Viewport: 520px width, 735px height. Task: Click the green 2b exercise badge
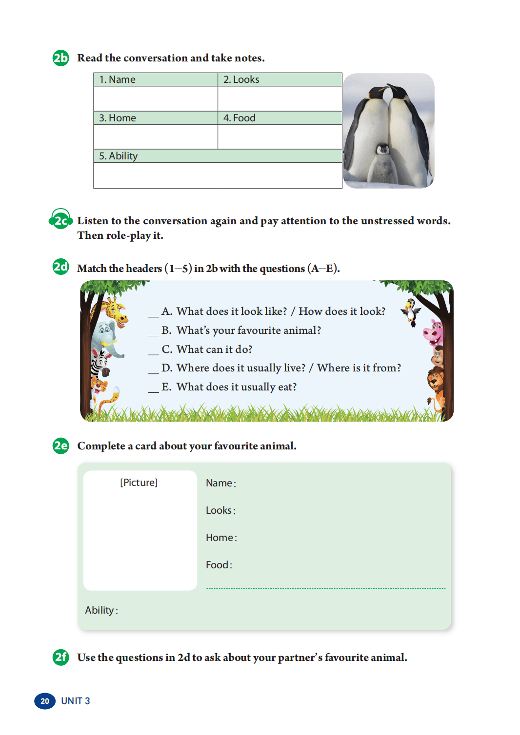click(60, 58)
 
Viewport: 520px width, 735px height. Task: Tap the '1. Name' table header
click(118, 79)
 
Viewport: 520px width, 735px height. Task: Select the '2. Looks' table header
click(241, 79)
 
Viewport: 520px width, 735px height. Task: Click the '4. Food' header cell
click(240, 118)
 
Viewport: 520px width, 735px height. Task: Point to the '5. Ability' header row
click(119, 156)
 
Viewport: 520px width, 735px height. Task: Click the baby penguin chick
click(383, 163)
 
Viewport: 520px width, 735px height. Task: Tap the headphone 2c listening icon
click(60, 220)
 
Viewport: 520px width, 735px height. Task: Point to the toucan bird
click(411, 311)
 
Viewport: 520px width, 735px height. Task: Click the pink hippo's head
click(433, 332)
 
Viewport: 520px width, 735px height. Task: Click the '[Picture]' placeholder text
click(139, 483)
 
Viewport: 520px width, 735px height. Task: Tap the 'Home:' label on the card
click(221, 538)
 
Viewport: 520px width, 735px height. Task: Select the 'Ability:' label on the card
click(101, 610)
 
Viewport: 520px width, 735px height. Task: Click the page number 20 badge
click(45, 701)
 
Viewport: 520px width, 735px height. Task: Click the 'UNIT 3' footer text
click(76, 701)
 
